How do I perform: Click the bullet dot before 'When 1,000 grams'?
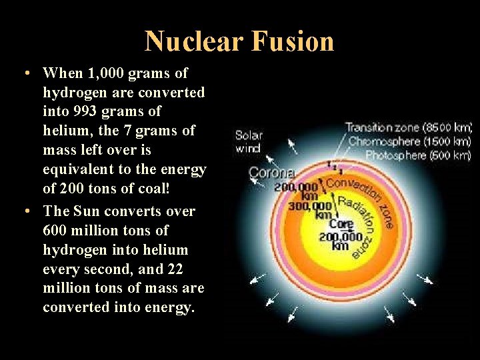[24, 73]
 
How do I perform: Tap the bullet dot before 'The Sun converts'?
[24, 211]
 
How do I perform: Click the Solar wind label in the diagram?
[249, 141]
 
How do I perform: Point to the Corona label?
[271, 173]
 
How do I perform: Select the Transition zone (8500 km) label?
[408, 127]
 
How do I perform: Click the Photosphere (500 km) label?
[418, 155]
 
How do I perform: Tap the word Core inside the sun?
[341, 224]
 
